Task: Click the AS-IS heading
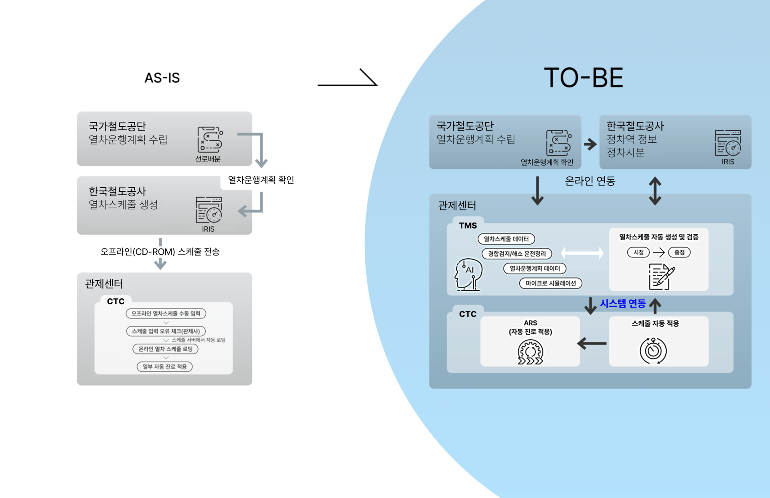[x=162, y=77]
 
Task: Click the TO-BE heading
[x=583, y=77]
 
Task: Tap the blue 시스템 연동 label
[x=622, y=304]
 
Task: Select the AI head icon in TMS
[x=468, y=274]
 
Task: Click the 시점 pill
[x=638, y=252]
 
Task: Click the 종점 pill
[x=679, y=252]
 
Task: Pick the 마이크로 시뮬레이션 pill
[x=550, y=283]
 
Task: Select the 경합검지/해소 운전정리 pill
[x=517, y=253]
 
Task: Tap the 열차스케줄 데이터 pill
[x=506, y=239]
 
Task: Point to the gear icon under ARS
[x=530, y=352]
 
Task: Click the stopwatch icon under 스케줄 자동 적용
[x=653, y=350]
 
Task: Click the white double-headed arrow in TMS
[x=582, y=253]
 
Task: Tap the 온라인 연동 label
[x=590, y=181]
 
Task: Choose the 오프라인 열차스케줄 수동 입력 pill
[x=166, y=314]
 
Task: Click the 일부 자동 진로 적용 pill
[x=164, y=366]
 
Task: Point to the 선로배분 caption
[x=208, y=159]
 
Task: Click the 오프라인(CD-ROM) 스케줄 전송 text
[x=160, y=251]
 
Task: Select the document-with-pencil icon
[x=661, y=276]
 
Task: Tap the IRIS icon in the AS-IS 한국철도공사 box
[x=209, y=209]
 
